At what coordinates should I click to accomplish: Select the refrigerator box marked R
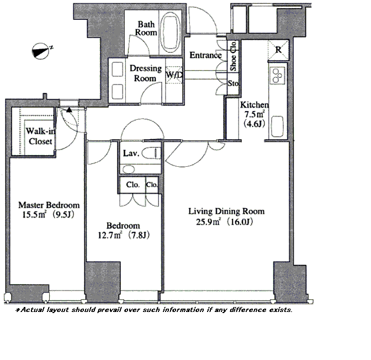(278, 50)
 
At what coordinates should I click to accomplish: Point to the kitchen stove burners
(277, 76)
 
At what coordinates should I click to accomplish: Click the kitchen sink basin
(277, 126)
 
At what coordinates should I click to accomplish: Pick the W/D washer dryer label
(174, 75)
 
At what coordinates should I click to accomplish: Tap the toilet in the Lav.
(151, 153)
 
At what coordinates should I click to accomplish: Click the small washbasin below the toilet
(129, 169)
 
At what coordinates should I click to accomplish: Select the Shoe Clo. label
(233, 56)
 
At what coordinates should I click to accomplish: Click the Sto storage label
(233, 83)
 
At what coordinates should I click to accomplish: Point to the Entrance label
(205, 55)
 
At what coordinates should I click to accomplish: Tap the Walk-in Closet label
(40, 136)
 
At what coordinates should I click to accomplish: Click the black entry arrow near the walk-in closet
(69, 109)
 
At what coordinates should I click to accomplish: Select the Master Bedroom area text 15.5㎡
(34, 214)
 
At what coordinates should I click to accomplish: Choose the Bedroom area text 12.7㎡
(110, 235)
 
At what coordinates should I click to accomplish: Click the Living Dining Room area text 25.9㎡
(208, 222)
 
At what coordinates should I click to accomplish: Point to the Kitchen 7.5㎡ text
(254, 114)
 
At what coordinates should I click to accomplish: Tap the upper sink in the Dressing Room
(118, 69)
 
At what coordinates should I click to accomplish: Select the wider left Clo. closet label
(132, 184)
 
